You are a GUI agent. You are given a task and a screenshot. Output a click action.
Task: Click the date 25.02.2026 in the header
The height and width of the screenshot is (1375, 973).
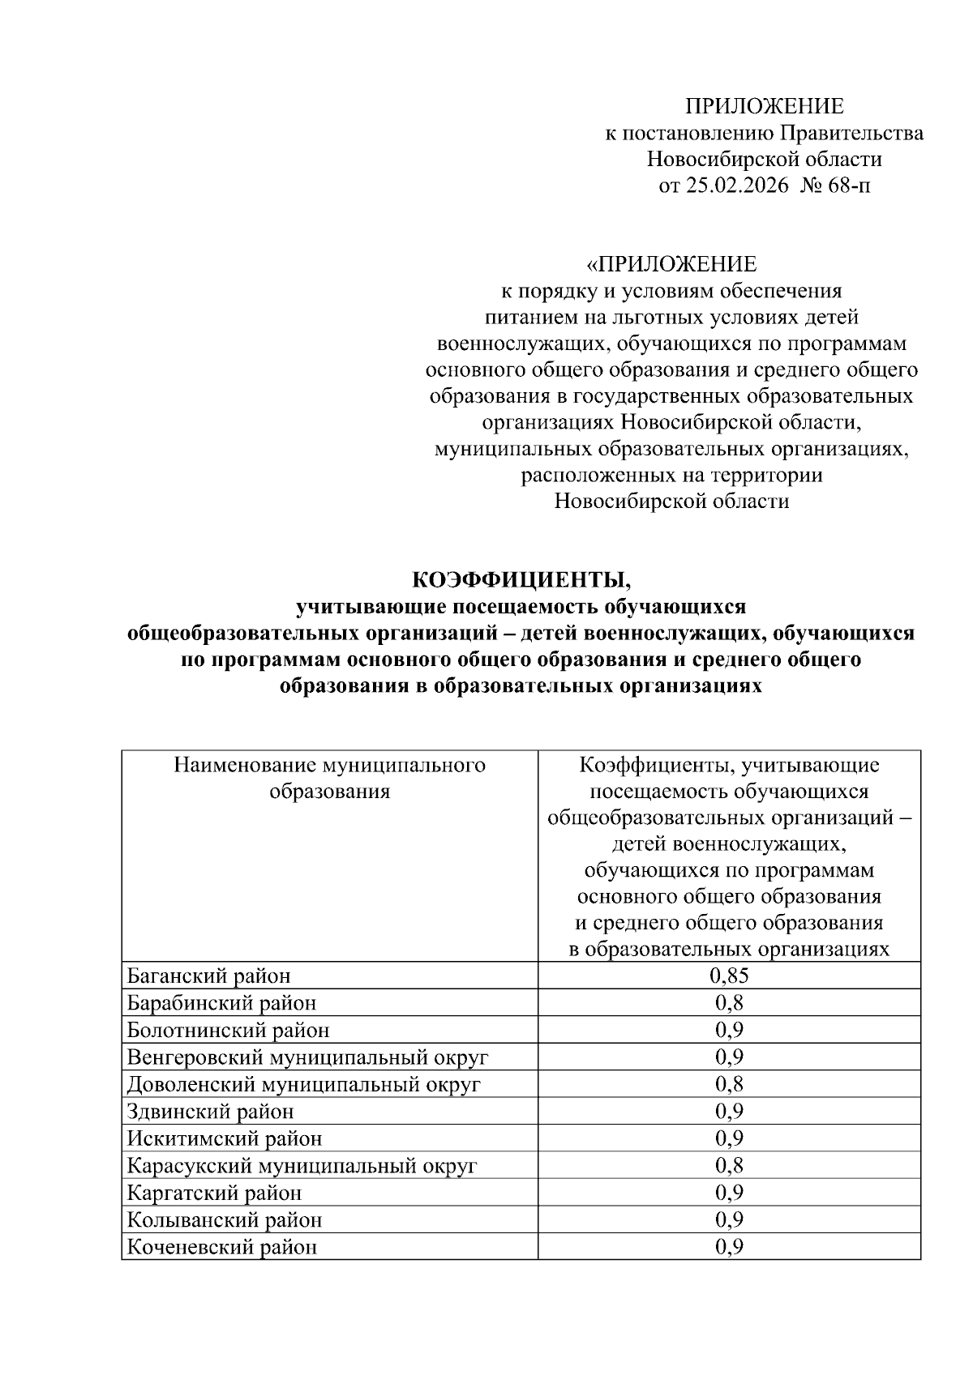coord(737,186)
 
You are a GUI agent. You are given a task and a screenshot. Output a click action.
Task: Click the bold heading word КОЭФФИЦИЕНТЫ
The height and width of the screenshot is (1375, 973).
coord(521,580)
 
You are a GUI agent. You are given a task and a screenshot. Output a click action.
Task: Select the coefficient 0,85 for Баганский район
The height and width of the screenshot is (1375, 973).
coord(729,976)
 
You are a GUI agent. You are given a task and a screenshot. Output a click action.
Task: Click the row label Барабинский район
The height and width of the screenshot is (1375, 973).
coord(221,1003)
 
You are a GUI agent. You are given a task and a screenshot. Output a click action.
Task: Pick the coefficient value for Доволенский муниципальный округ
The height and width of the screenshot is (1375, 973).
coord(729,1084)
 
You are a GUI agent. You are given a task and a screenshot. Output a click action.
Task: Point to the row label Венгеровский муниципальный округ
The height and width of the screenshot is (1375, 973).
coord(307,1057)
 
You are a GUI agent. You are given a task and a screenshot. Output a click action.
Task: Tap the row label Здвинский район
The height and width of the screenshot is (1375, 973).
coord(210,1112)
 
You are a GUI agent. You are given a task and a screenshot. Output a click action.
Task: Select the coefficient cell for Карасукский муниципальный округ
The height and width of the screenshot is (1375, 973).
coord(729,1165)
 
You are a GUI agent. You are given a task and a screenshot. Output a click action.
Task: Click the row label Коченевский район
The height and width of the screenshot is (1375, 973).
coord(221,1247)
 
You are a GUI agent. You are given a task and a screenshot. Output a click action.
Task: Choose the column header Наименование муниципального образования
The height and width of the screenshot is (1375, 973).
coord(329,778)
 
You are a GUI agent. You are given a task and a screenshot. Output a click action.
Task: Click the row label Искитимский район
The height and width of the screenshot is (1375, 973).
coord(224,1138)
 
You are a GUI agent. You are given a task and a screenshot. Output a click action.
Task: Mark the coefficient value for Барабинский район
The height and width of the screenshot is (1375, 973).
coord(729,1003)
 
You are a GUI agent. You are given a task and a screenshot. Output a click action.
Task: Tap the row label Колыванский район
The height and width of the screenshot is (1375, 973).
coord(224,1219)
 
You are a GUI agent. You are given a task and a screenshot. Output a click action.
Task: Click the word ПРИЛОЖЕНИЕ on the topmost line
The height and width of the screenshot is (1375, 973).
coord(764,106)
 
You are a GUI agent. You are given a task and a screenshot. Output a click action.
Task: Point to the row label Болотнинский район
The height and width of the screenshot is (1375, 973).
coord(228,1031)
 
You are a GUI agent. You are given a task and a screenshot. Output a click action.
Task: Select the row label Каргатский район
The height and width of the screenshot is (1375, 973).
coord(214,1193)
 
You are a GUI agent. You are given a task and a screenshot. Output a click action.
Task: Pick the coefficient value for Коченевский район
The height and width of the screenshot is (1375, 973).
coord(729,1247)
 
